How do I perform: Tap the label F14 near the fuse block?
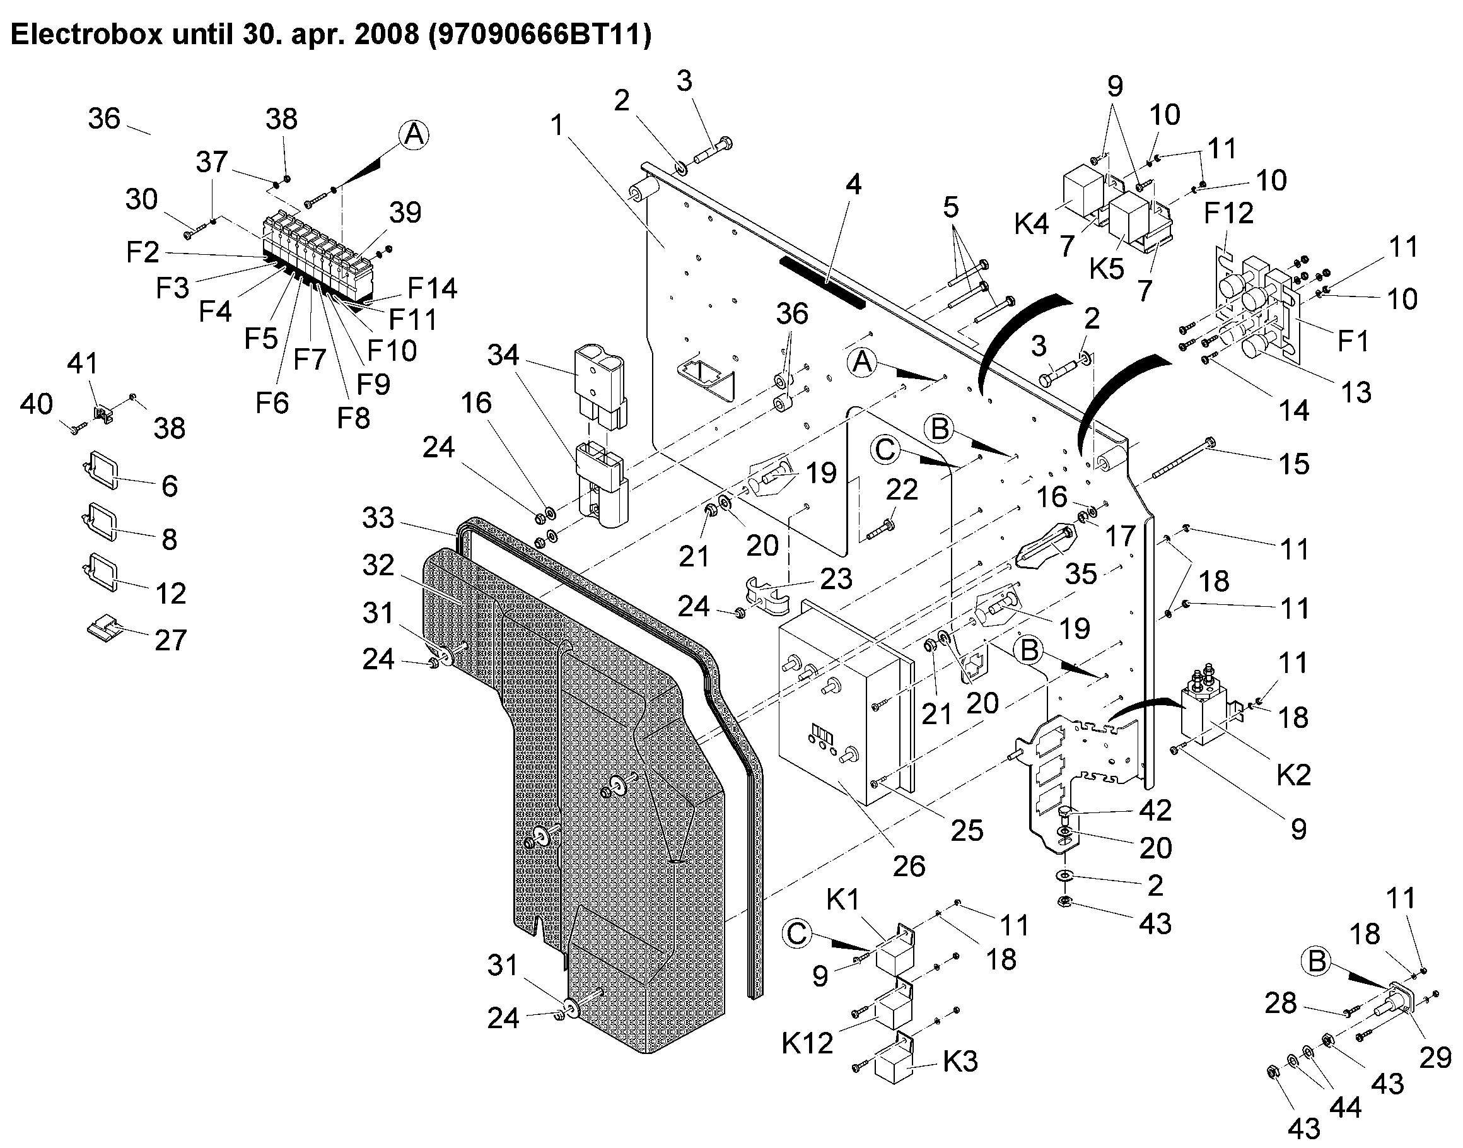click(x=432, y=288)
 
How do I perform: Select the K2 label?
click(x=1293, y=775)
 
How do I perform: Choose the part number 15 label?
click(x=1293, y=464)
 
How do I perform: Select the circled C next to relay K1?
click(x=796, y=934)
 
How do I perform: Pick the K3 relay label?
click(x=960, y=1062)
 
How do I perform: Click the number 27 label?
click(x=170, y=640)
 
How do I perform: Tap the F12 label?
click(x=1228, y=213)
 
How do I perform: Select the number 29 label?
click(x=1435, y=1058)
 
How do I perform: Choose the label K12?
click(x=807, y=1043)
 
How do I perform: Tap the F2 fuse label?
click(x=143, y=252)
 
